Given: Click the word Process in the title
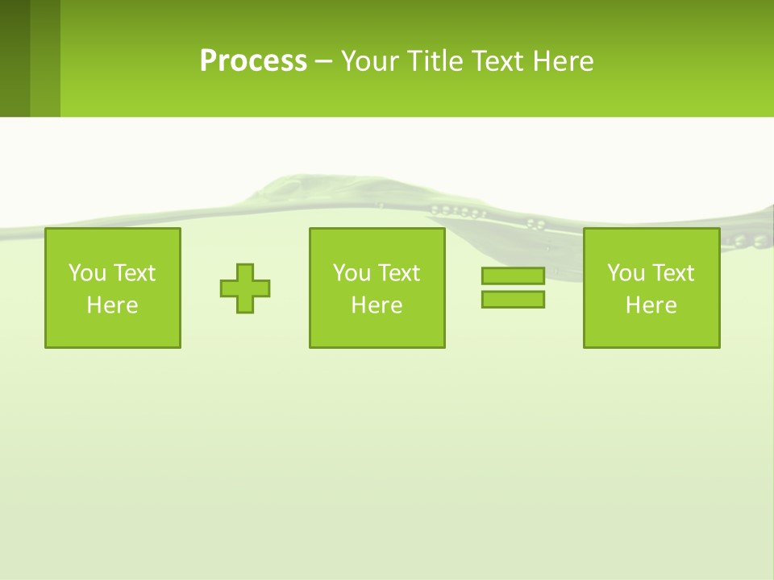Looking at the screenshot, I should point(253,61).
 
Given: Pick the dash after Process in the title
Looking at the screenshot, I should point(323,62).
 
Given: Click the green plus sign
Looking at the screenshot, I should point(245,288).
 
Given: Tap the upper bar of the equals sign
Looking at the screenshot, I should point(513,276).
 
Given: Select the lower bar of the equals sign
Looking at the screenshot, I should point(513,299).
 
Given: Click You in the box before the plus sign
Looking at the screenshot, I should point(87,273).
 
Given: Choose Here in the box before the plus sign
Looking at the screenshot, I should point(112,305).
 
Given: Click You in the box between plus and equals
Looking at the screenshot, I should point(352,273).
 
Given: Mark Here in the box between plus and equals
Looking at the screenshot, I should point(377,305).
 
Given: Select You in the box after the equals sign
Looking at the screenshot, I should point(626,273).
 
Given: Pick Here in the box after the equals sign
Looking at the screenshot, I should point(651,305).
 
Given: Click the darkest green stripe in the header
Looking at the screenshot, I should point(15,58).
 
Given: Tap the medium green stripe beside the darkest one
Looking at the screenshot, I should point(45,58).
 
